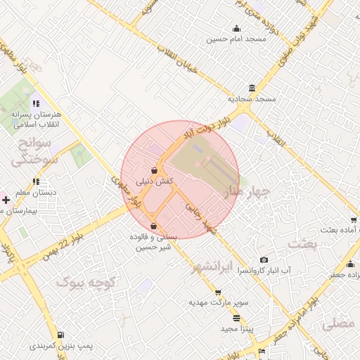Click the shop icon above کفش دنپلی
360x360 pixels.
pos(154,169)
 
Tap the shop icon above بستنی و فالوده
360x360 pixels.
pos(154,226)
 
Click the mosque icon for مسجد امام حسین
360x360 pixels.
pos(236,29)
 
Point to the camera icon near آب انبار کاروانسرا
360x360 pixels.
pos(264,260)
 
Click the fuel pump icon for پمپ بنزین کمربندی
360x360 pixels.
pos(61,335)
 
